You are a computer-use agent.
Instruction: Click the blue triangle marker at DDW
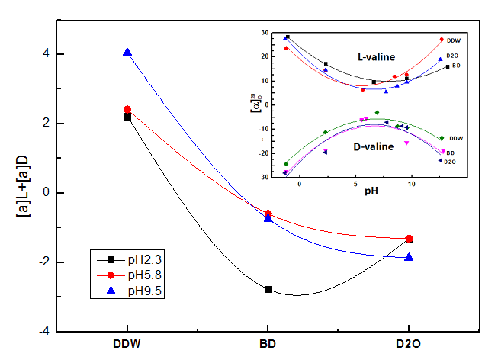127,52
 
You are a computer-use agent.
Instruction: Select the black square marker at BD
268,289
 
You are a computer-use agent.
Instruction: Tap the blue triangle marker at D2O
409,257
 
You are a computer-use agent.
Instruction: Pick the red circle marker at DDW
127,109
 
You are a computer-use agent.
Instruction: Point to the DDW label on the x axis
127,344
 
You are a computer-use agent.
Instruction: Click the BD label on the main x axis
268,344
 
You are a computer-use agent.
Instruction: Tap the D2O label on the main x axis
409,344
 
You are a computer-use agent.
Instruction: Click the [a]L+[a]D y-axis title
23,193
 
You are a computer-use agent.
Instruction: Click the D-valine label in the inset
371,146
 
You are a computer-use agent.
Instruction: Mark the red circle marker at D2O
409,239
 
